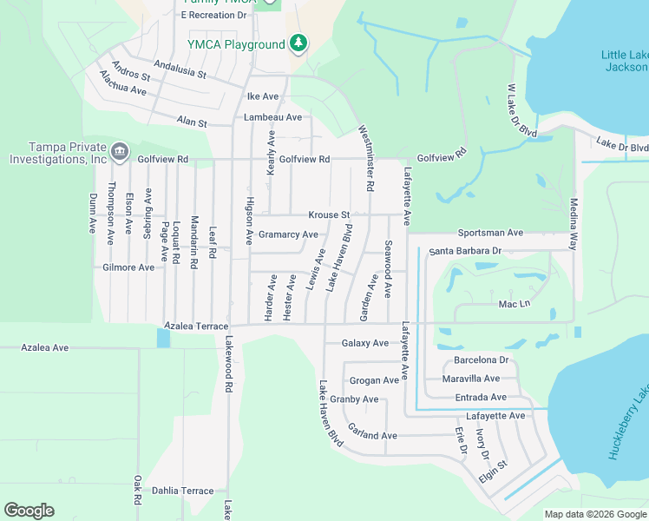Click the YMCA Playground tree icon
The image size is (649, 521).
(299, 43)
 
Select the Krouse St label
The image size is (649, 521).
(329, 214)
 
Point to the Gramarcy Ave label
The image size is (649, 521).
(288, 234)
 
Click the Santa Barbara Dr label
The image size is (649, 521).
(465, 250)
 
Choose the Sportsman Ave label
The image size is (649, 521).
(491, 233)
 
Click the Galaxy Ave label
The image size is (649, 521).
(365, 343)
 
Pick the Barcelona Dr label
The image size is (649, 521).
(481, 359)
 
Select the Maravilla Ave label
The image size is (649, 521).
(471, 379)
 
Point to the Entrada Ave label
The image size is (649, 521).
(481, 397)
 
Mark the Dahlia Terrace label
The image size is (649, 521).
(182, 491)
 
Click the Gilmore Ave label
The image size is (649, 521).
(128, 267)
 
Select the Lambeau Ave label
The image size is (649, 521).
(272, 116)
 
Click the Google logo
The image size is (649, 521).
(29, 511)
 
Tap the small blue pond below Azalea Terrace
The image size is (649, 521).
(163, 338)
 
